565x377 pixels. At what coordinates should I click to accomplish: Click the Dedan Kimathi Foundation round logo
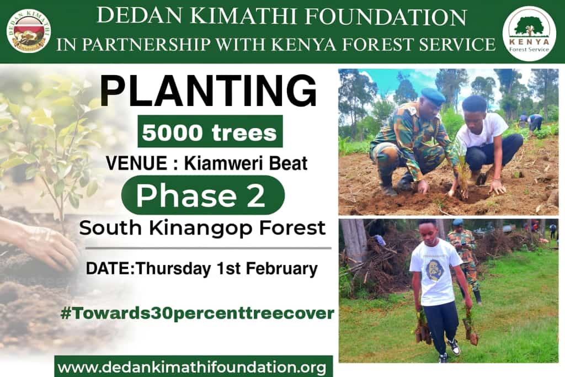pos(29,31)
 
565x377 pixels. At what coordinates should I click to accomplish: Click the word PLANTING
pos(208,91)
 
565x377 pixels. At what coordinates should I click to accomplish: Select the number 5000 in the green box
pos(172,132)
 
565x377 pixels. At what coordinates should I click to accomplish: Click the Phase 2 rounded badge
pos(203,195)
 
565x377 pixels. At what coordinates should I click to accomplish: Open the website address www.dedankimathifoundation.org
pos(192,368)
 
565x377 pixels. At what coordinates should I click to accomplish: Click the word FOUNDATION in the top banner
pos(387,17)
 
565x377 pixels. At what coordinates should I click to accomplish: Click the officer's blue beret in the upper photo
pos(433,95)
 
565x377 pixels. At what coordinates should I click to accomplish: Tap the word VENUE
pos(137,163)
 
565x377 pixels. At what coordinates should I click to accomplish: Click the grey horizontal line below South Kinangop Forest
pos(208,248)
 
